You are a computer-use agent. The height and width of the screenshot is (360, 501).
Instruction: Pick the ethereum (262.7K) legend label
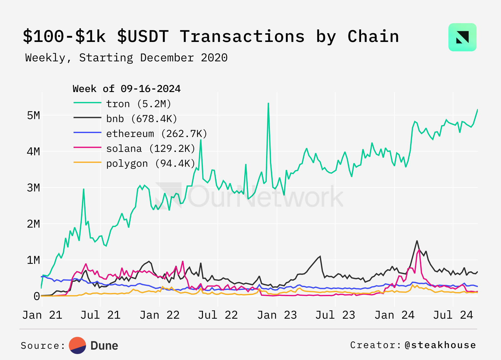(157, 134)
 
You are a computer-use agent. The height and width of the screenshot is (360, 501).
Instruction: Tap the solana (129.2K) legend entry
(151, 148)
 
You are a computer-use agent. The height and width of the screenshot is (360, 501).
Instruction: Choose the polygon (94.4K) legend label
(151, 163)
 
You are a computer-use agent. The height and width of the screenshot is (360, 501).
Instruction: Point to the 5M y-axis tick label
(34, 115)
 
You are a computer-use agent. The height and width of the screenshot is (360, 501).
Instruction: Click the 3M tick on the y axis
(34, 188)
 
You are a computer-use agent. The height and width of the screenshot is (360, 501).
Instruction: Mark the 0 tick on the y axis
(37, 296)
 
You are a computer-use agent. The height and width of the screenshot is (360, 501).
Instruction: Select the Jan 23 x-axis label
(277, 315)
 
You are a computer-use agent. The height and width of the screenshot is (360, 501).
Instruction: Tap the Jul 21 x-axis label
(101, 315)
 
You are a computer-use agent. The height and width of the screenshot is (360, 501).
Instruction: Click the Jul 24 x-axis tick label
(453, 315)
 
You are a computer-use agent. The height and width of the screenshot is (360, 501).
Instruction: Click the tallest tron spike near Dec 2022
(268, 104)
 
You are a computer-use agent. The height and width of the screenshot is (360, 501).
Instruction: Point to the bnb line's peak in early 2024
(417, 241)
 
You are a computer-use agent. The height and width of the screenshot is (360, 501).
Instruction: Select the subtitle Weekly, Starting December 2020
(126, 58)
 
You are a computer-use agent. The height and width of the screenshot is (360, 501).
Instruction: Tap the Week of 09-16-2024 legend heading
(127, 89)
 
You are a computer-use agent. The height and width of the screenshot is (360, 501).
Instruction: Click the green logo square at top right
(462, 37)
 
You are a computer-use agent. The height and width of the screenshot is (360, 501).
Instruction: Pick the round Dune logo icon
(77, 345)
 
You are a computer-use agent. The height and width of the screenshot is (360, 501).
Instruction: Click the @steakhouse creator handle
(440, 345)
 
